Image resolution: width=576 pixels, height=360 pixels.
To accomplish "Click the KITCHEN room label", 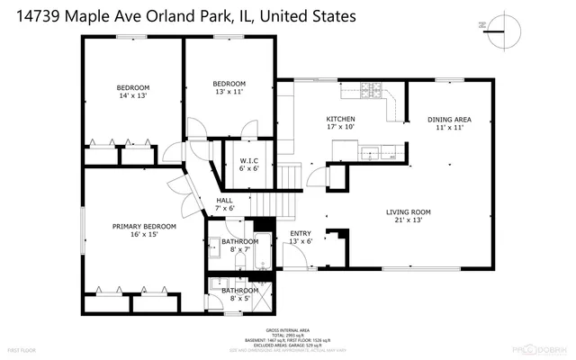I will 340,119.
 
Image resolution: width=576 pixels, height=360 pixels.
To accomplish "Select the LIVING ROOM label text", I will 409,211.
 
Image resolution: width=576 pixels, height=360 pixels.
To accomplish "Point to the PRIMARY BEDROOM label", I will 144,227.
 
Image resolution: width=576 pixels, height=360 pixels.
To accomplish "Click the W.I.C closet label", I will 248,159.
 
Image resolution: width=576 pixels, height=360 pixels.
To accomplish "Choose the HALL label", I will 225,201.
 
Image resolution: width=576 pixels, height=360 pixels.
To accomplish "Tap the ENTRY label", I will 300,234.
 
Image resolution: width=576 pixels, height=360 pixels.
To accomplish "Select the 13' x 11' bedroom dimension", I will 229,91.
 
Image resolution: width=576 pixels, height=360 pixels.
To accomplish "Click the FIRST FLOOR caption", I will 21,347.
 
